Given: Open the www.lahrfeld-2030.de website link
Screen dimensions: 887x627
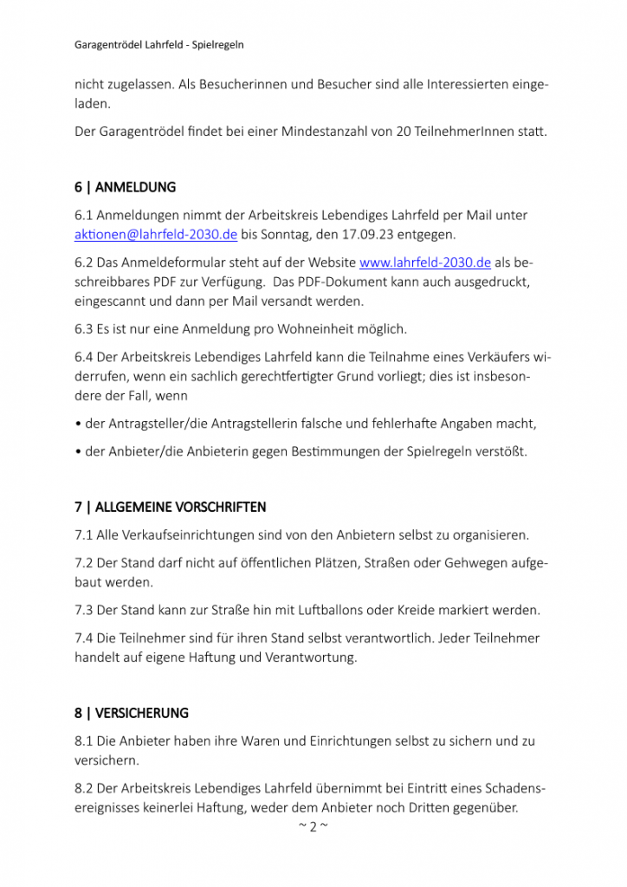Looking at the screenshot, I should [425, 262].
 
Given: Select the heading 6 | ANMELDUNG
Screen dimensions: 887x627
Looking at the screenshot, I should [125, 187].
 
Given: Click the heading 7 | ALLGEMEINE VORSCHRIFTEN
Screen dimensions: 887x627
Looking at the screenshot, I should [170, 507].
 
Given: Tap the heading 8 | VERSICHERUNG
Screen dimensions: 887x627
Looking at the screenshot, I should [131, 714].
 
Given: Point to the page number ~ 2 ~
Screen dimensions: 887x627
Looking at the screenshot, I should [313, 826].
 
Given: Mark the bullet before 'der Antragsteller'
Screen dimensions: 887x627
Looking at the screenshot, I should [79, 424].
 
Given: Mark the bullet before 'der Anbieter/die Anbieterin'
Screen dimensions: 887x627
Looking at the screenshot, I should [79, 452].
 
